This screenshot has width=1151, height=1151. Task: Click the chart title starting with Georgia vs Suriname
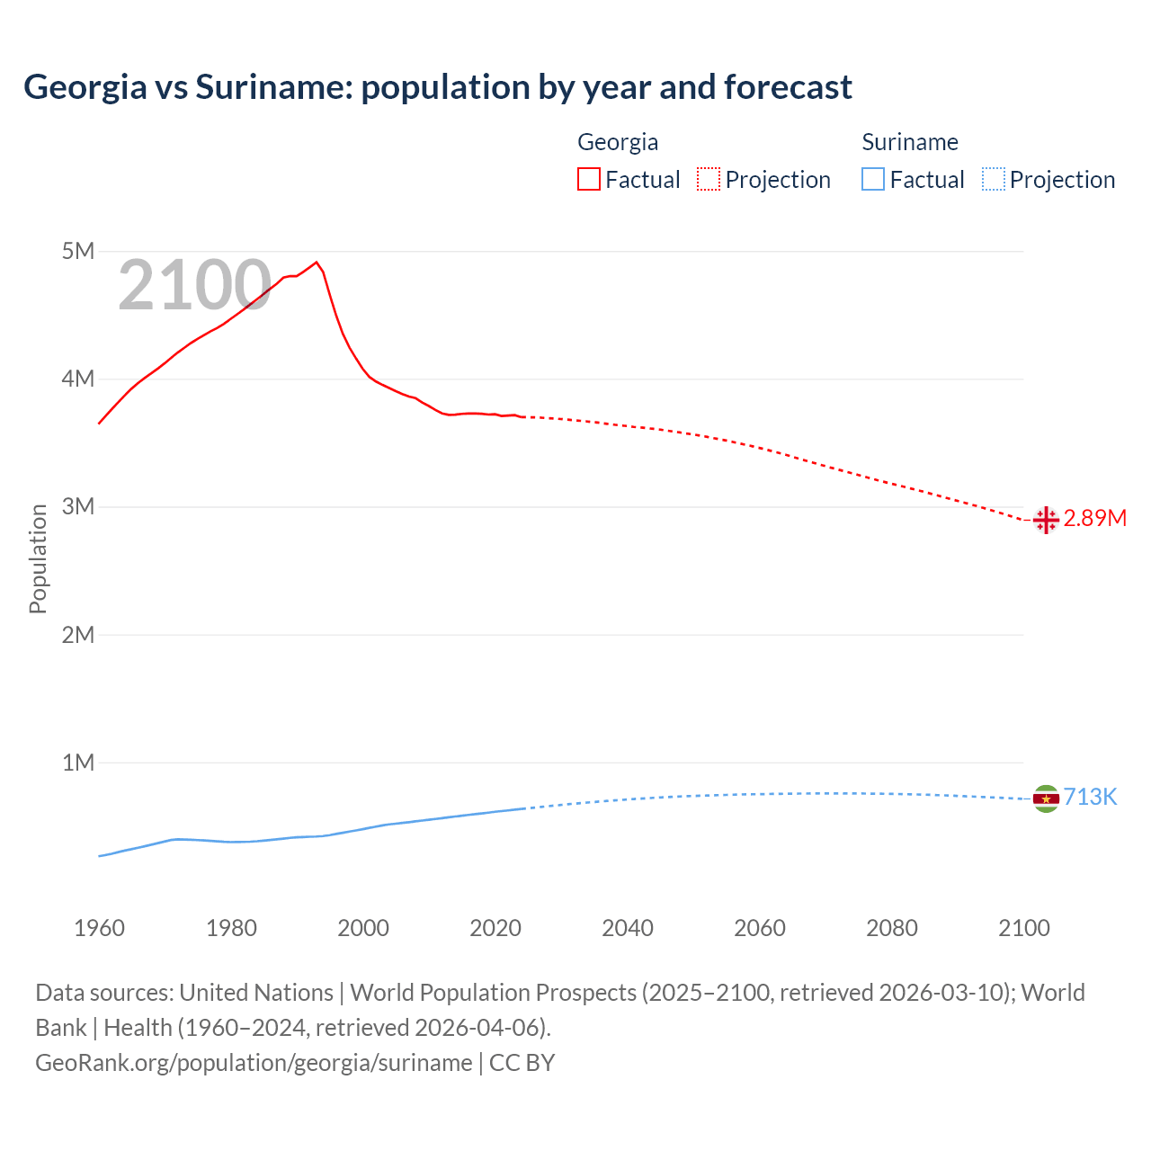coord(437,87)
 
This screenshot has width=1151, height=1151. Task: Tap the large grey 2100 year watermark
coord(194,285)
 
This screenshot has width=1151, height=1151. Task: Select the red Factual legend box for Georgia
coord(588,180)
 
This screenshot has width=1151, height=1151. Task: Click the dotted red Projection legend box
coord(708,180)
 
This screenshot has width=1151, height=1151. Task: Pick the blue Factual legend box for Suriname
coord(872,180)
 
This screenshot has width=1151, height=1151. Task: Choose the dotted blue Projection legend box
coord(993,180)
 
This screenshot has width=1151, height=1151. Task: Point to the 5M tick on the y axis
coord(78,251)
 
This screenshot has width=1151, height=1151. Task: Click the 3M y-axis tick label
coord(78,506)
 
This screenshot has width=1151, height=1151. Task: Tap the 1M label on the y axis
coord(78,763)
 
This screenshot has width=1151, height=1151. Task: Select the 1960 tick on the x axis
coord(99,928)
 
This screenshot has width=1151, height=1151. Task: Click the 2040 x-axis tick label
coord(628,928)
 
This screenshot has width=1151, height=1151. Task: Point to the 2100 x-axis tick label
coord(1023,928)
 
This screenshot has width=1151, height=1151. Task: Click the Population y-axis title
coord(38,558)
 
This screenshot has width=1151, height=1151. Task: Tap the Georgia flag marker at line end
coord(1045,520)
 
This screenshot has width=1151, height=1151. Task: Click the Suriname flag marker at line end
coord(1045,799)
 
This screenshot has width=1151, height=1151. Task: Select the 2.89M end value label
coord(1094,519)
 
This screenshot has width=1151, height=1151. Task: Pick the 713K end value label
coord(1090,798)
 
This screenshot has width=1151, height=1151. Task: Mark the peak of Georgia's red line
coord(316,263)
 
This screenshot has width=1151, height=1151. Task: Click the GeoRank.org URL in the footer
coord(254,1063)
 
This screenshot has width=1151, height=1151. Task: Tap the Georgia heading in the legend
coord(618,142)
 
